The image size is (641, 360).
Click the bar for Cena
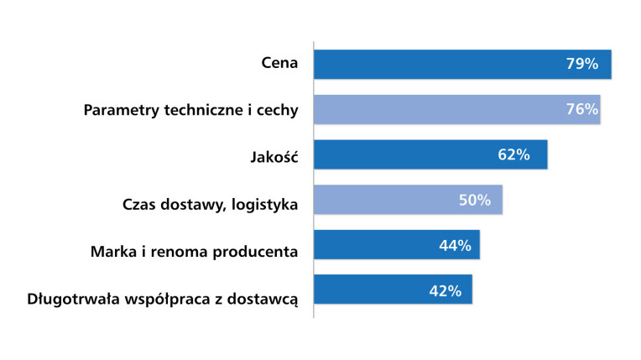pos(461,65)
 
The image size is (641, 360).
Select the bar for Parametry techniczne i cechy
pos(456,110)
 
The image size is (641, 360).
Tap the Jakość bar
pos(430,154)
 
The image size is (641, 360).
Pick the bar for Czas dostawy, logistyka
pos(408,200)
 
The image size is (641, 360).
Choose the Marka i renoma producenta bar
pos(396,245)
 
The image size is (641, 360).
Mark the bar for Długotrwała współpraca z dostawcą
pos(393,290)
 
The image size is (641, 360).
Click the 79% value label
pos(581,65)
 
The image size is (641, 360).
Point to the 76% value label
pos(581,110)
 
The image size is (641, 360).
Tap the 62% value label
pos(513,154)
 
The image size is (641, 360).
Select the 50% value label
pos(474,200)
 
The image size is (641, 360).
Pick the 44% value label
pos(455,245)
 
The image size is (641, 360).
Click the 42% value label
pos(445,290)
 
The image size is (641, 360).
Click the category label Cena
pos(279,65)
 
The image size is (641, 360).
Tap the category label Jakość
pos(274,155)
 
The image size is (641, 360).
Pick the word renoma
pos(175,250)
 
